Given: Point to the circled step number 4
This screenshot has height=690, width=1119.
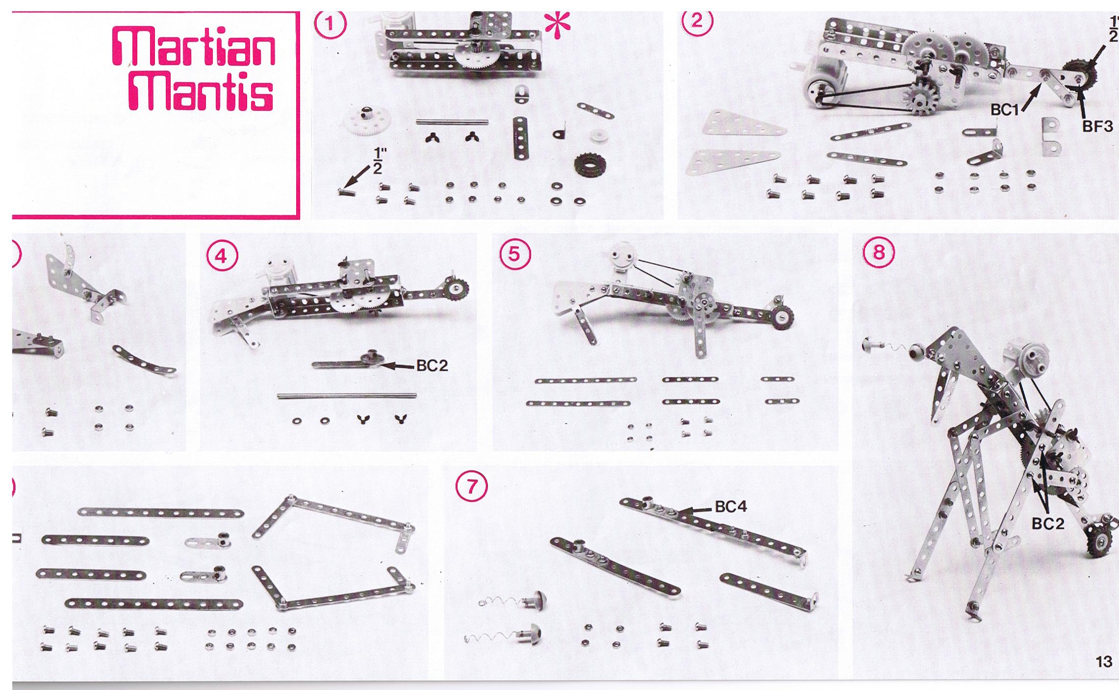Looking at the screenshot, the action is [x=222, y=256].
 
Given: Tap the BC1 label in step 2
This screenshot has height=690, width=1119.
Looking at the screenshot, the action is [x=1004, y=110].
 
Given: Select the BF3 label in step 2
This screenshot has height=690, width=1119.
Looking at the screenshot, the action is [x=1097, y=126].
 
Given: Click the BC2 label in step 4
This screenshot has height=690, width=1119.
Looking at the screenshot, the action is [x=432, y=365].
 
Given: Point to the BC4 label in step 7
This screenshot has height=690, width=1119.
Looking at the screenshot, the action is [x=731, y=507].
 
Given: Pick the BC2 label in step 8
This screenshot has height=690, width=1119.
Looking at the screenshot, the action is [x=1048, y=524].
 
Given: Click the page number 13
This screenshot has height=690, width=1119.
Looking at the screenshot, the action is [x=1103, y=662].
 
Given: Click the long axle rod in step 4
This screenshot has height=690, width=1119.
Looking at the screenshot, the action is [x=347, y=396].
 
